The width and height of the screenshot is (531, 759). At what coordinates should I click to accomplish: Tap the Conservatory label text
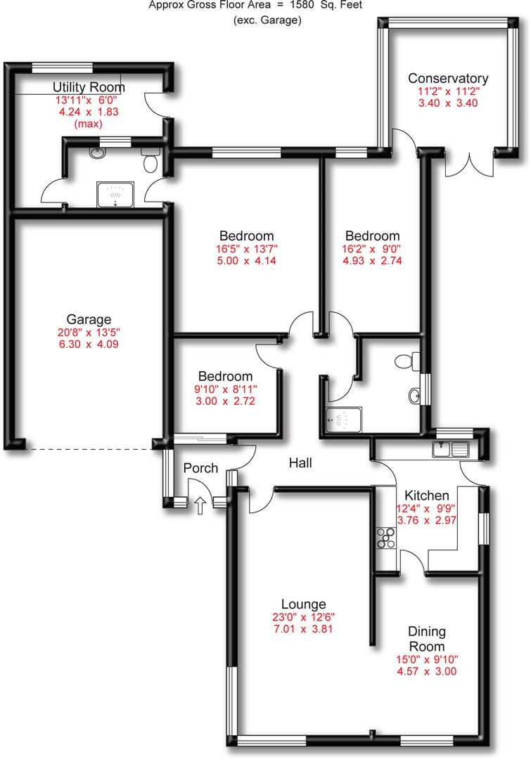coord(448,78)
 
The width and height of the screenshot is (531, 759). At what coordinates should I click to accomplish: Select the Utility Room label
coord(89,87)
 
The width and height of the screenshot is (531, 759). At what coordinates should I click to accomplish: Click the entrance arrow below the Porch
coord(200,504)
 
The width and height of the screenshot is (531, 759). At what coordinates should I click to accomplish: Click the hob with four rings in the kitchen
coord(386,537)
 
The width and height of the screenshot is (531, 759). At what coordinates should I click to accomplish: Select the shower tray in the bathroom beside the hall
coord(343,421)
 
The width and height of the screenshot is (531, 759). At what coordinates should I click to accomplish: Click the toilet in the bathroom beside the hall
coord(407,361)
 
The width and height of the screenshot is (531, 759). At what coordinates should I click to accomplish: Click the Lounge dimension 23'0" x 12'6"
coord(303,617)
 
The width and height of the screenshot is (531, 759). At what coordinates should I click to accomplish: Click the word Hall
coord(300,463)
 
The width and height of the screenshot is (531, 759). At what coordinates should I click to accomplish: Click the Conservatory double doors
coord(469,164)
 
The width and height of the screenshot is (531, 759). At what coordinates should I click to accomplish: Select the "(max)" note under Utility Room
coord(89,124)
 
